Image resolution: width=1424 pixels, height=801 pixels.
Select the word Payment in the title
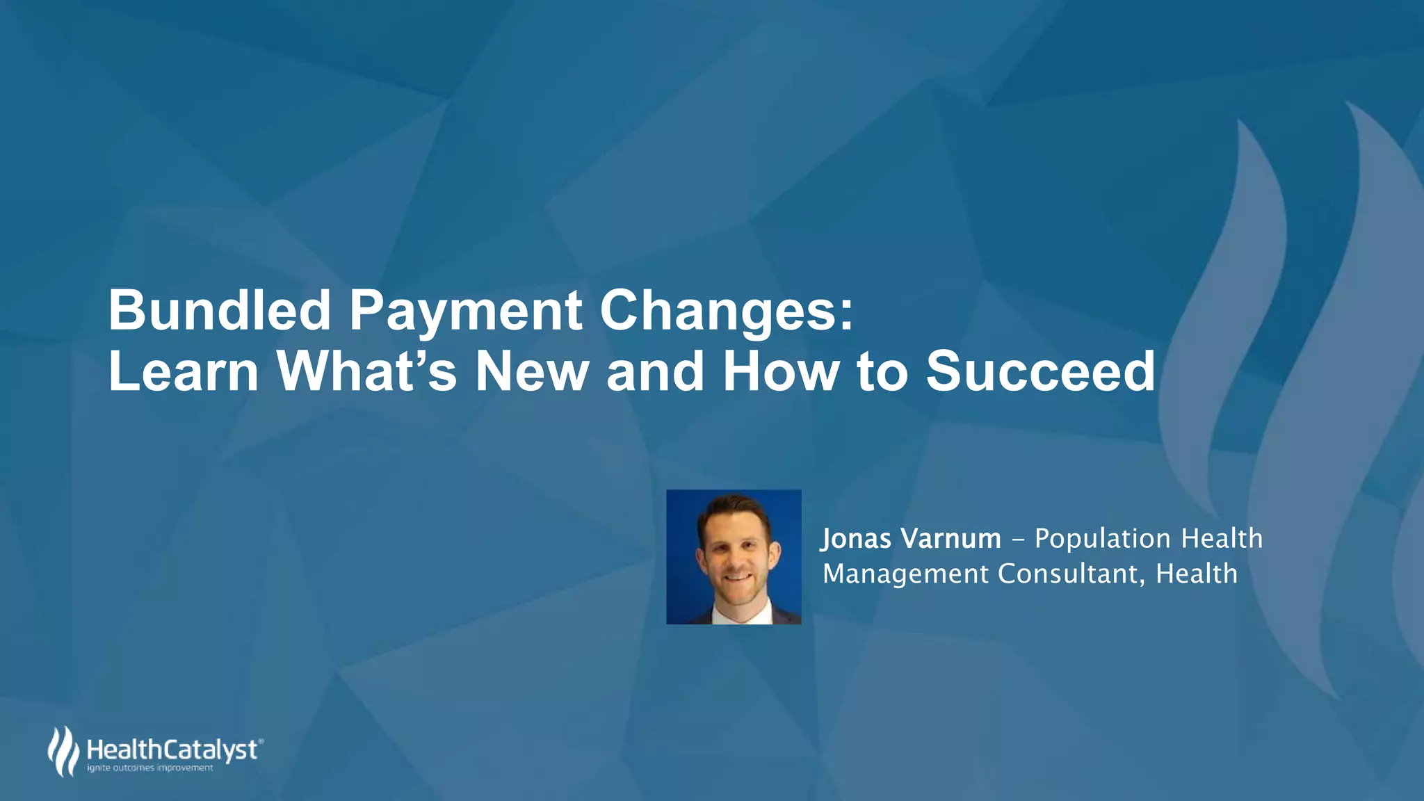[465, 311]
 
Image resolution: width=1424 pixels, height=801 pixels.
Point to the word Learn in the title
[184, 371]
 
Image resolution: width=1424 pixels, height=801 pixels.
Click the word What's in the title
[366, 371]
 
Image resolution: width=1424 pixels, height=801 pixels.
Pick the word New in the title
[532, 371]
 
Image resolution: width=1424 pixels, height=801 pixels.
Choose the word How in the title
[780, 371]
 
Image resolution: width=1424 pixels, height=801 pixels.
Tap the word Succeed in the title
[1040, 371]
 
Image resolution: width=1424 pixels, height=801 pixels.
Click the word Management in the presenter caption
[905, 574]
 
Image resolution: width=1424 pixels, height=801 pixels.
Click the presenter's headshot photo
[734, 556]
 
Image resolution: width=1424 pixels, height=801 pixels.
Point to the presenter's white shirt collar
[737, 613]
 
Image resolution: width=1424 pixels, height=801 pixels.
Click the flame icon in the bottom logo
[63, 751]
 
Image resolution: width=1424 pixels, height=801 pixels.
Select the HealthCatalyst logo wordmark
[172, 750]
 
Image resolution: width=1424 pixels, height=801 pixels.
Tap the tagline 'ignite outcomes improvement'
[149, 768]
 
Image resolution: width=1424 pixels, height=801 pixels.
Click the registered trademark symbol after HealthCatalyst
[261, 742]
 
